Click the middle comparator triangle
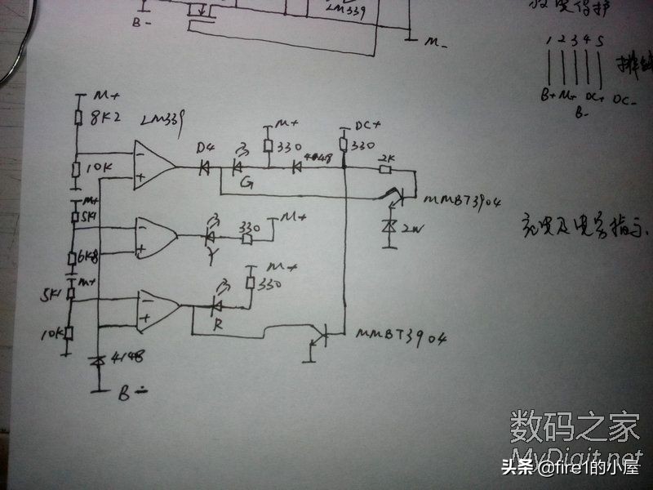click(x=155, y=236)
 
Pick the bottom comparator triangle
click(x=158, y=310)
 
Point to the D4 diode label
click(x=205, y=148)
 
